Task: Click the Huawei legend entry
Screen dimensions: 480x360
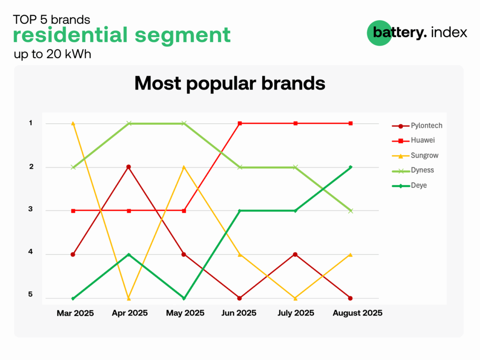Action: (x=413, y=141)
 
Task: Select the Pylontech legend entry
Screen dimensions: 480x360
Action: (x=417, y=126)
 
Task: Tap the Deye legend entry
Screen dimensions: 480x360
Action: (x=409, y=186)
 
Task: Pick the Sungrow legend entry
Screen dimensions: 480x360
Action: (x=415, y=156)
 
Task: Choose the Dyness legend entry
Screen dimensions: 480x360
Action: (x=413, y=171)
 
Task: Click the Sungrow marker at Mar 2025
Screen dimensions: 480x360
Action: (x=73, y=123)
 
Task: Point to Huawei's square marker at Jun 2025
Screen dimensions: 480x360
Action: (x=240, y=123)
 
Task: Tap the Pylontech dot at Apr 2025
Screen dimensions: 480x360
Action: (x=128, y=167)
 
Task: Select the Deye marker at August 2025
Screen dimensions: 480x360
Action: (x=351, y=167)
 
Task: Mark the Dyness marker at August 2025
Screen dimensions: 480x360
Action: (x=351, y=211)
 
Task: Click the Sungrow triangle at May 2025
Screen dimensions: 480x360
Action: (x=184, y=167)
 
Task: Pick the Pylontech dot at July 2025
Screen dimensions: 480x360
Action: (x=295, y=255)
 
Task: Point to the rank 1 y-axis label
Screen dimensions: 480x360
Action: (x=30, y=123)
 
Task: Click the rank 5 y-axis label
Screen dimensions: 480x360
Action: (x=30, y=294)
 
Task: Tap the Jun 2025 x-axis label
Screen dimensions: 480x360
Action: (x=239, y=313)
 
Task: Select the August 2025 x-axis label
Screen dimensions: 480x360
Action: (x=358, y=313)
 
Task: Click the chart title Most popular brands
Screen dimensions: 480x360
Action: (x=230, y=83)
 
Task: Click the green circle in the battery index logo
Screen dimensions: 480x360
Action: (x=379, y=33)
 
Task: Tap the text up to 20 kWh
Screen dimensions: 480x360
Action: (x=52, y=54)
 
